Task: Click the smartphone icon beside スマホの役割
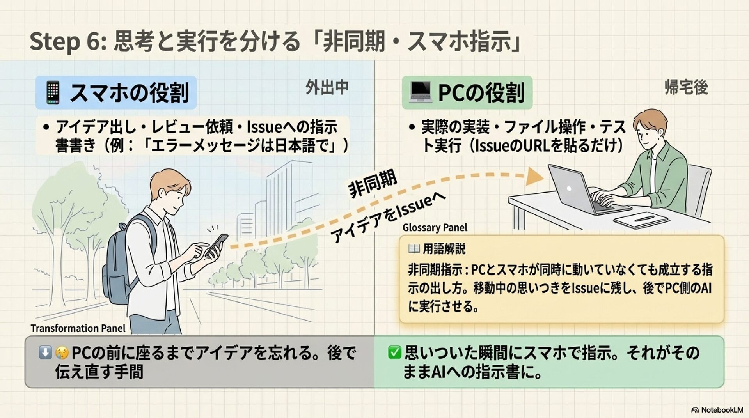click(53, 92)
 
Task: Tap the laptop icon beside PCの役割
click(420, 92)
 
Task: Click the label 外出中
click(327, 87)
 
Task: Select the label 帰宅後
click(686, 87)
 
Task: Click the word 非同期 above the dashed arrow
click(373, 184)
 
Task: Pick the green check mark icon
click(394, 352)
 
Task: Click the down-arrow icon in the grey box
click(45, 352)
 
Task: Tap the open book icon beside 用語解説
click(414, 248)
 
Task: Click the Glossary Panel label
click(435, 228)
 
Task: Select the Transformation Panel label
click(78, 329)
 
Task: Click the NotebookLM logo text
click(722, 410)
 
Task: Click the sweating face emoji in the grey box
click(62, 353)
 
